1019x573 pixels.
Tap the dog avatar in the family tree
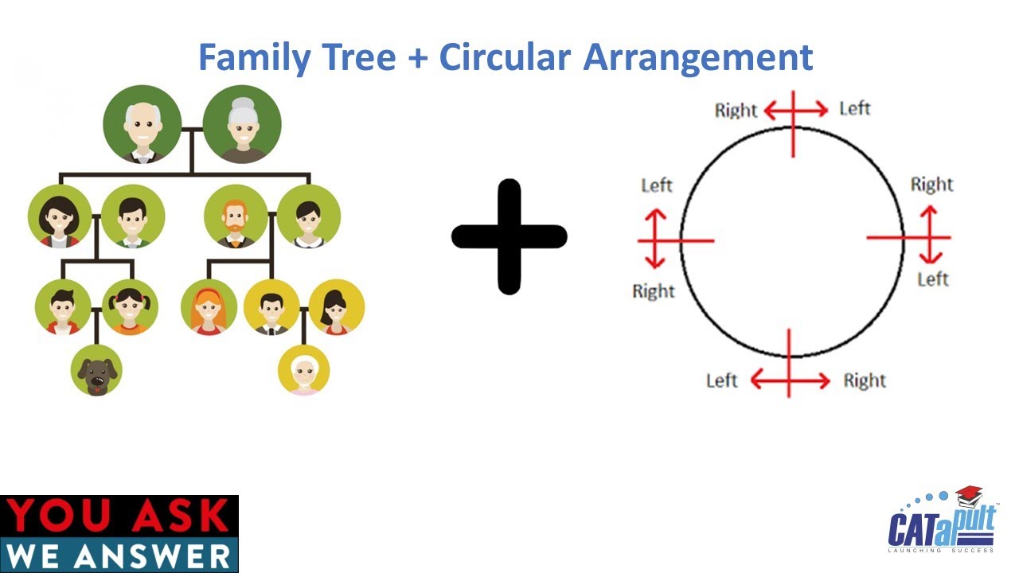[x=96, y=371]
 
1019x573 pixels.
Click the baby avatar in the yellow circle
[x=304, y=371]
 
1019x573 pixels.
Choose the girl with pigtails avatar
[x=130, y=307]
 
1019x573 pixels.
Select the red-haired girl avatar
[x=209, y=307]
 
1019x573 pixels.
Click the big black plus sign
[x=509, y=237]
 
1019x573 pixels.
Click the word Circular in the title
[x=505, y=57]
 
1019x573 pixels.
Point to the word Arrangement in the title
[x=698, y=57]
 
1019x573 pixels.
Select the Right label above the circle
[x=736, y=111]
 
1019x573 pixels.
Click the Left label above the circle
[x=854, y=108]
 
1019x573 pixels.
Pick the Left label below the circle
[x=721, y=381]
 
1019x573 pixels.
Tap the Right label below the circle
[x=865, y=381]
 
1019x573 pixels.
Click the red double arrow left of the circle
[x=655, y=238]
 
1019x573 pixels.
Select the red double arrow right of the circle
[x=931, y=235]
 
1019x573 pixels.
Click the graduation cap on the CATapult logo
[x=969, y=497]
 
